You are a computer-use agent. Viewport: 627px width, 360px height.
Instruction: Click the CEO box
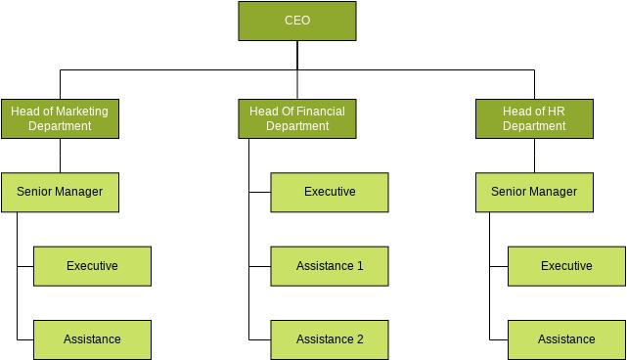(297, 21)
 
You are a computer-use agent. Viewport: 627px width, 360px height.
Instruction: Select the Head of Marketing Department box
(60, 118)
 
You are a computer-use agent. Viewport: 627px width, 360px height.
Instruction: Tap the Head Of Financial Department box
(297, 118)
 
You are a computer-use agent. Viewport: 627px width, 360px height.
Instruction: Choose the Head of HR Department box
(534, 118)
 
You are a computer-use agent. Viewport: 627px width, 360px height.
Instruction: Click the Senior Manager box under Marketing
(60, 193)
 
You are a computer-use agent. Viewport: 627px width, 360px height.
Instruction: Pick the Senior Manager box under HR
(534, 193)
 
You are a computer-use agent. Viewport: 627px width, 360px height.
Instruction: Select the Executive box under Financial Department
(330, 193)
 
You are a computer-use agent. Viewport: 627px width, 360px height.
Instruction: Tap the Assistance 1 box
(330, 266)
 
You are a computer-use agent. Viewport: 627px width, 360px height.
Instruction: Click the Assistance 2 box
(330, 340)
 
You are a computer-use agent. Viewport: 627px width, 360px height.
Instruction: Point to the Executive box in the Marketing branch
(92, 266)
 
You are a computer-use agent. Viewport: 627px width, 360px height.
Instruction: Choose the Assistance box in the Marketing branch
(92, 340)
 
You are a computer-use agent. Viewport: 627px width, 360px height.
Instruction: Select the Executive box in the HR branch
(566, 266)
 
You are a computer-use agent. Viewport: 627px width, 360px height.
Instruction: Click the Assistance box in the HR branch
(566, 340)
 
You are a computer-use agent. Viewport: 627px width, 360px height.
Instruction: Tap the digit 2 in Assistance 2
(360, 339)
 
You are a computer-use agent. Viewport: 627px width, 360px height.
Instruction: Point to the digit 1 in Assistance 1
(360, 266)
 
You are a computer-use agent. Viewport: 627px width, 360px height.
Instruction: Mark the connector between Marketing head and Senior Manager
(60, 156)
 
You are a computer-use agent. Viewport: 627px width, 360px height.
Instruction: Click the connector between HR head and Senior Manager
(534, 156)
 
